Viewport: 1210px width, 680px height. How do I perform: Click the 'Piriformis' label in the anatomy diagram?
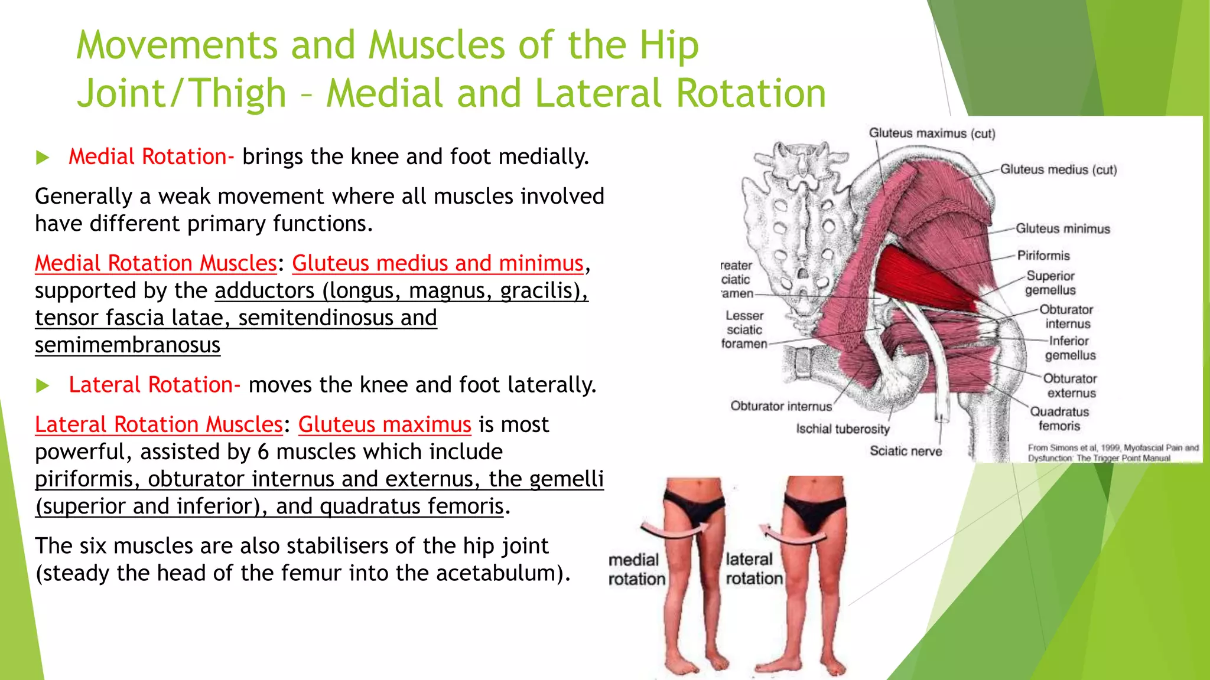(x=1043, y=256)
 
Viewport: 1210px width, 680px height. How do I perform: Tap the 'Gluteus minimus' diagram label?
(x=1062, y=228)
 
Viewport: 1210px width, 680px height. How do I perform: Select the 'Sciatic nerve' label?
(x=905, y=451)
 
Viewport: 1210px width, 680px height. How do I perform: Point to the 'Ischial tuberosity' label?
(x=842, y=429)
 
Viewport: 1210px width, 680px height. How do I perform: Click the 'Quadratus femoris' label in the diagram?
(x=1059, y=419)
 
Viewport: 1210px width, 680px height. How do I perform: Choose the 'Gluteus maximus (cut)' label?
(x=931, y=133)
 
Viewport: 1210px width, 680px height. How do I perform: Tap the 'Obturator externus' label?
(x=1070, y=385)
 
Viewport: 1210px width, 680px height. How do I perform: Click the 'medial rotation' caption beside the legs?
(x=636, y=569)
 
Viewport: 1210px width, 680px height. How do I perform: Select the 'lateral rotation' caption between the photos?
(x=753, y=568)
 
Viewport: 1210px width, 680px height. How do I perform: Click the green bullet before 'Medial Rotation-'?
(x=43, y=158)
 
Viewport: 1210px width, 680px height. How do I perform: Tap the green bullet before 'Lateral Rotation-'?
(x=43, y=386)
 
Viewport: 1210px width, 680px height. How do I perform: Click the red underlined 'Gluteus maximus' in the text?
(x=384, y=424)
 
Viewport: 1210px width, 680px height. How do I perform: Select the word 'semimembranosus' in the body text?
(x=128, y=345)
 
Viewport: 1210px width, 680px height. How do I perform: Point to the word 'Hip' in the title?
(x=669, y=45)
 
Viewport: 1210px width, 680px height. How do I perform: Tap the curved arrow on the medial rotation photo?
(x=674, y=529)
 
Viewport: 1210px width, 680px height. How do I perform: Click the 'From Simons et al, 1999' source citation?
(x=1113, y=453)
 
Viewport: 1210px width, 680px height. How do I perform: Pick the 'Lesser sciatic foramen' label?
(x=744, y=329)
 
